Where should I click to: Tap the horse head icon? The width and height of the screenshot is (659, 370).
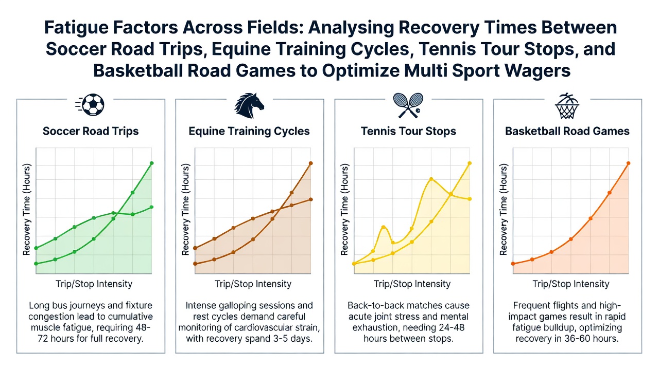pos(249,105)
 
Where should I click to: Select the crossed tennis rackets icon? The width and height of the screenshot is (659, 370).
pos(408,105)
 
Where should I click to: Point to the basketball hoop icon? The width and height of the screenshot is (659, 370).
pos(567,106)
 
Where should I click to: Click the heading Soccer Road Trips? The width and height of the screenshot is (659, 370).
pos(91,131)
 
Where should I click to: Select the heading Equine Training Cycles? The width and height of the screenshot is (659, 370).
pos(249,131)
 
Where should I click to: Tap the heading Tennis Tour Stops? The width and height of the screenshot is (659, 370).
pos(408,131)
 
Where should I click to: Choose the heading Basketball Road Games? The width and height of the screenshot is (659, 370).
pos(567,131)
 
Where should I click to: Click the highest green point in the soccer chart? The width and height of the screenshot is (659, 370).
pos(152,163)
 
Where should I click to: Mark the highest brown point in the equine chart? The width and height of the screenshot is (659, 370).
pos(310,163)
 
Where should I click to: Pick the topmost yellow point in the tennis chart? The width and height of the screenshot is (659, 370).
pos(470,163)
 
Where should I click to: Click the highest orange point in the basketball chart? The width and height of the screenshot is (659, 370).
pos(629,163)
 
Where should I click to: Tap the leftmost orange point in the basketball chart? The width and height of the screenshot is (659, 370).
pos(513,264)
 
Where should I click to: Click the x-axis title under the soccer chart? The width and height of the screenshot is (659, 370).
pos(94,284)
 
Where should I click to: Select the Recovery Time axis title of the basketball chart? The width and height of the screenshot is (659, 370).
pos(504,210)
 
